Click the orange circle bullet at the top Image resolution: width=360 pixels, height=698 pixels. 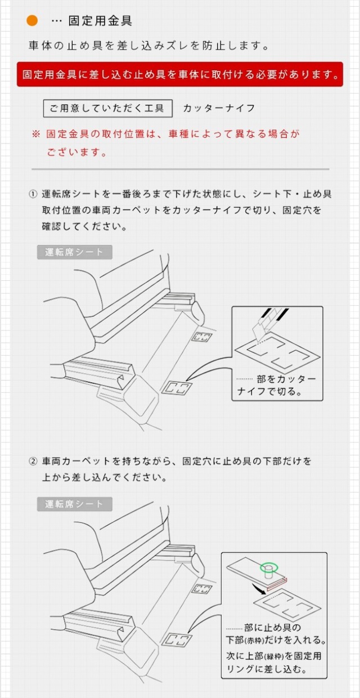point(32,21)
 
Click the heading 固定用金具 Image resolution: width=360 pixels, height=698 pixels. point(100,21)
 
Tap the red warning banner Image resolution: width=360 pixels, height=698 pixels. point(180,74)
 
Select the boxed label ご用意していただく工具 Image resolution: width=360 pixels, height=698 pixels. point(108,109)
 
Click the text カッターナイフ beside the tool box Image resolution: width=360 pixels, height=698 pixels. point(219,108)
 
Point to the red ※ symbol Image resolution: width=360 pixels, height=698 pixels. point(36,135)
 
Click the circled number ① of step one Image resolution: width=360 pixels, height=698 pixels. point(33,194)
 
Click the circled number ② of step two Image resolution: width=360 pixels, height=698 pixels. point(33,461)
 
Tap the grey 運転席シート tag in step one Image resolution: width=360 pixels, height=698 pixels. point(75,252)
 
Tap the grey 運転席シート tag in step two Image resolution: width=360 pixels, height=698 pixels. point(75,504)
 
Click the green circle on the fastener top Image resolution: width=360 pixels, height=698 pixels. point(269,567)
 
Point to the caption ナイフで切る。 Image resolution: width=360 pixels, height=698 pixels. point(269,391)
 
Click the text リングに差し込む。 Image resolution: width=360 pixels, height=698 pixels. point(266,669)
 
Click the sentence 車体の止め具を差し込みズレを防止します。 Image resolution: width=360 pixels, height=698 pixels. point(149,46)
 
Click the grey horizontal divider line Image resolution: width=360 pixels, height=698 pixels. point(181,169)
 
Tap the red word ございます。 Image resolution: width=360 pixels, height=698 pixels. point(77,152)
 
